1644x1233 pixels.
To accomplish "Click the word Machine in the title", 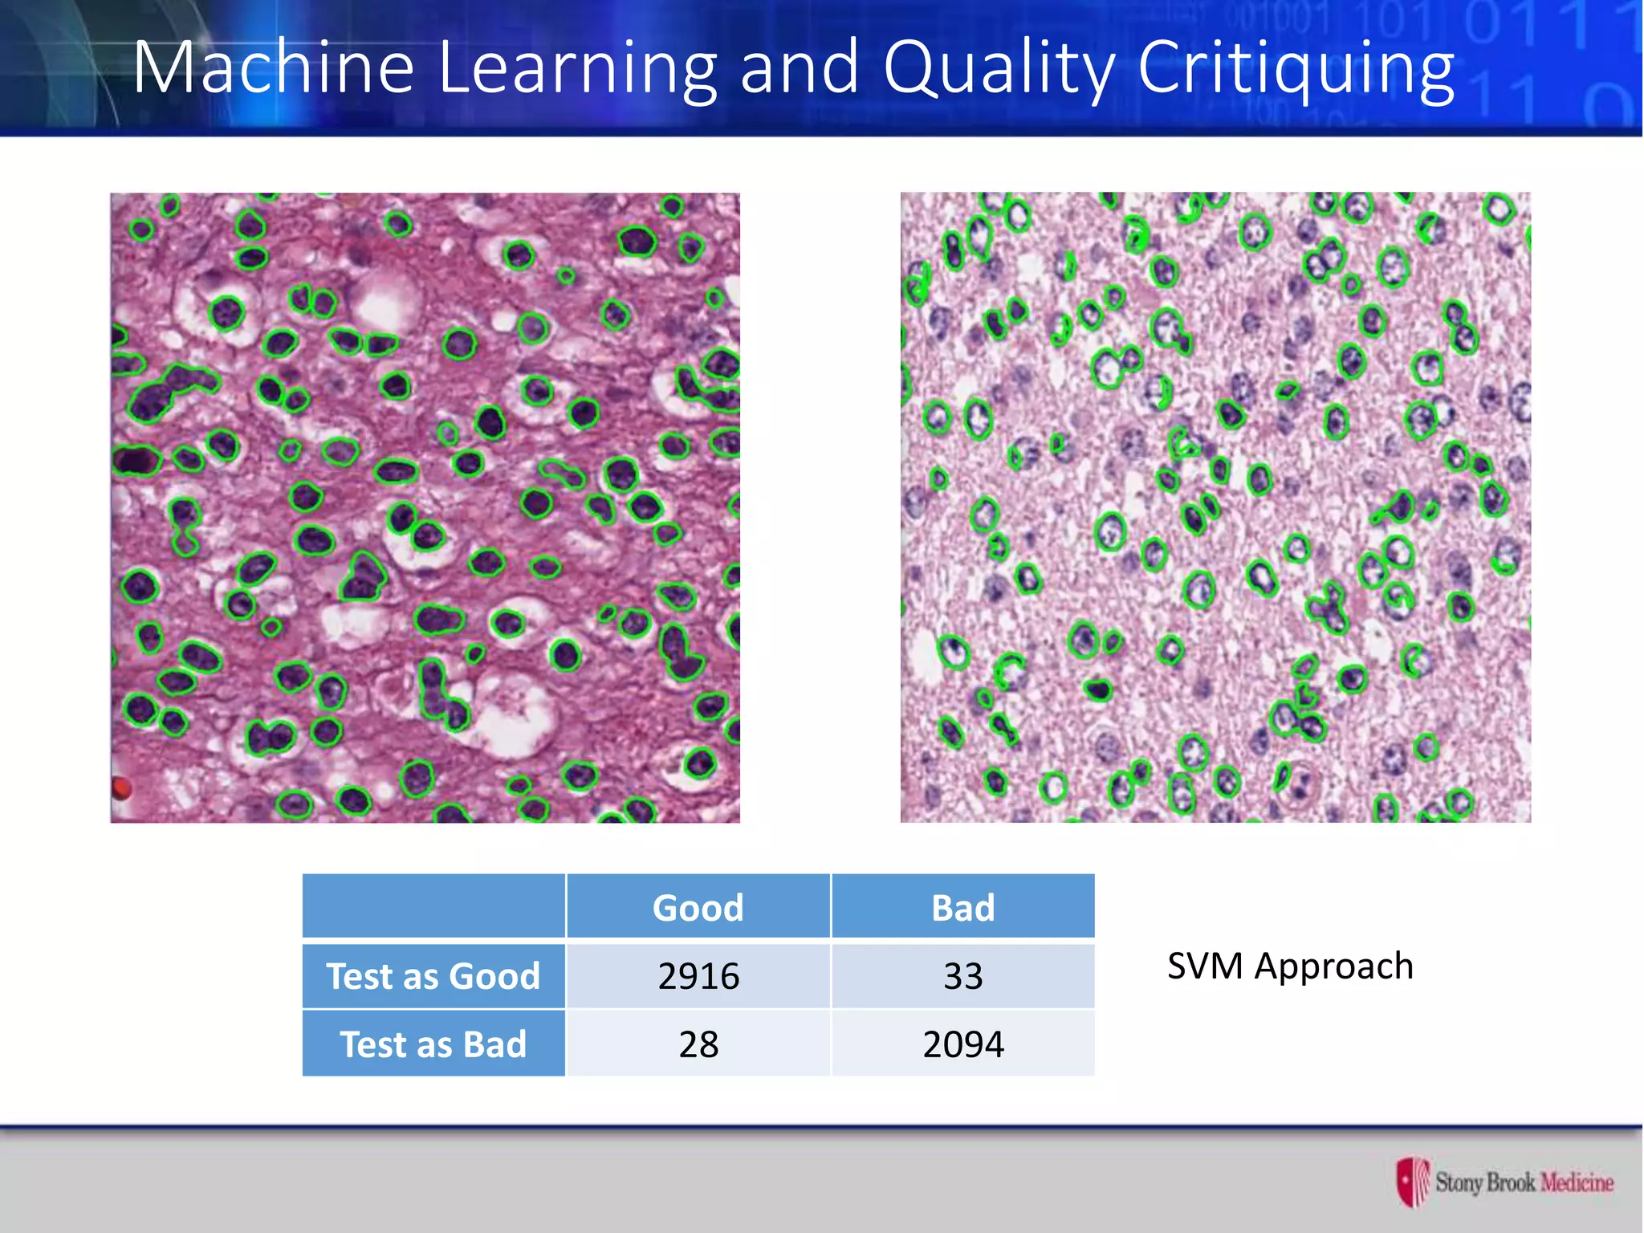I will click(273, 67).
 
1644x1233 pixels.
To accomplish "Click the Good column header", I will click(698, 908).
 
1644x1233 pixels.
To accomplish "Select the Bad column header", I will click(962, 908).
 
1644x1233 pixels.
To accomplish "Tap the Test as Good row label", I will click(433, 976).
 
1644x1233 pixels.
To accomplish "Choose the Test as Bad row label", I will click(433, 1044).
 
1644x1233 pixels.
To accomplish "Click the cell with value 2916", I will click(698, 976).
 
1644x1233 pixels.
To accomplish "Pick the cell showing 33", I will click(962, 976).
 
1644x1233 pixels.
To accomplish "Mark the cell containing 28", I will click(698, 1044).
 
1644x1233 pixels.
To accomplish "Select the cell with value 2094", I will click(962, 1044).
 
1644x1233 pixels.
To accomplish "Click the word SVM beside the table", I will click(1204, 966).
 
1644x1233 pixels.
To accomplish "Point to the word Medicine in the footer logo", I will click(1577, 1182).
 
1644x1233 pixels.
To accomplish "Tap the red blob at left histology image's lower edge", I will click(120, 788).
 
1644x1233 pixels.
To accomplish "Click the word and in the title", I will click(800, 67).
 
